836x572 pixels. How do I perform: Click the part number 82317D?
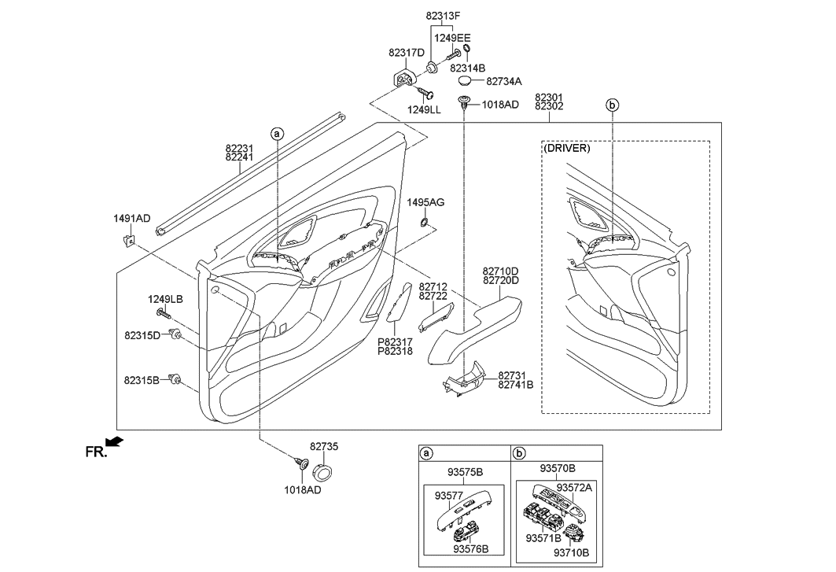407,53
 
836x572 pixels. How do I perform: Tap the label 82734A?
504,82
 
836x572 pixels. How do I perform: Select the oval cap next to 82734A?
466,80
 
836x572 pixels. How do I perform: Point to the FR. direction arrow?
115,441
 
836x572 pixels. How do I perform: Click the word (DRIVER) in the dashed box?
566,149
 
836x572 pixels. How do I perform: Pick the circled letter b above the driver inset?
613,105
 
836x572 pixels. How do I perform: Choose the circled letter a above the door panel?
278,135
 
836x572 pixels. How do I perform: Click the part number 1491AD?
131,218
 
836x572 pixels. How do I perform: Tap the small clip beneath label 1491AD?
128,242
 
